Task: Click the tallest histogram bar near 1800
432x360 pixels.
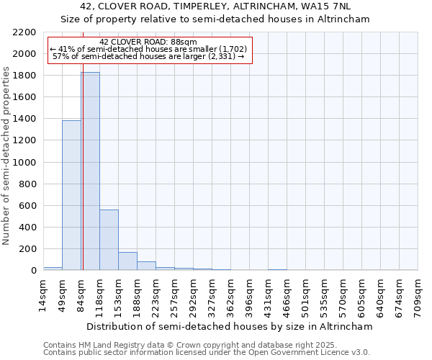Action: coord(90,171)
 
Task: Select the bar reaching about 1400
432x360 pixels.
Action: coord(71,195)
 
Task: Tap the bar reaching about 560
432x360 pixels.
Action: coord(109,240)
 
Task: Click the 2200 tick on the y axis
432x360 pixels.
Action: coord(24,32)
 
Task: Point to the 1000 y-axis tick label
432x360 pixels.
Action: coord(24,163)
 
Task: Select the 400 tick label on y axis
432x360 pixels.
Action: coord(27,228)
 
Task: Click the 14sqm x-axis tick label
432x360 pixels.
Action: coord(43,296)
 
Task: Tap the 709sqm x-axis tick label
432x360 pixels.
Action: coord(418,296)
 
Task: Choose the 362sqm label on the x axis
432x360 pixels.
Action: coord(230,296)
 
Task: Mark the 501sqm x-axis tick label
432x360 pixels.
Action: coord(305,296)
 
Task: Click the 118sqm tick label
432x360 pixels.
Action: coord(99,296)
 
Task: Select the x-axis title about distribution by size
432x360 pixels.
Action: coord(230,326)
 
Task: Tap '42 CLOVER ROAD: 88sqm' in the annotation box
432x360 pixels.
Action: coord(148,42)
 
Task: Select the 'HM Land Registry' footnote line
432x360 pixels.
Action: coord(180,345)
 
